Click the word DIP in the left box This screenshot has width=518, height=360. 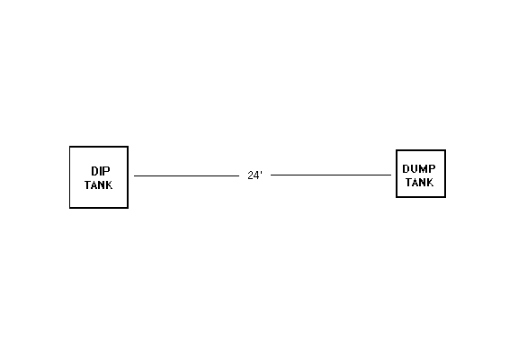click(x=101, y=171)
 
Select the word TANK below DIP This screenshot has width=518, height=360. click(x=98, y=185)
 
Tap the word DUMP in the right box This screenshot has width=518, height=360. click(x=419, y=169)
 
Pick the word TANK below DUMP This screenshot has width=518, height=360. click(x=420, y=182)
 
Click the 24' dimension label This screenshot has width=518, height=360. click(x=255, y=175)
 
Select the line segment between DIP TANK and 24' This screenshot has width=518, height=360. click(x=187, y=175)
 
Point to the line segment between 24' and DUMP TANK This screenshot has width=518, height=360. click(x=331, y=175)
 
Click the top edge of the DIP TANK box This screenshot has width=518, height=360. click(x=99, y=147)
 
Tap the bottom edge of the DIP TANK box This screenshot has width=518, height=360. click(x=99, y=208)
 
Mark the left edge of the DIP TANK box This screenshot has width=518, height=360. click(x=70, y=177)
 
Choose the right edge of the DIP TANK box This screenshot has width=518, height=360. click(x=128, y=177)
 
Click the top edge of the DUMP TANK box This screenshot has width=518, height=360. click(x=421, y=150)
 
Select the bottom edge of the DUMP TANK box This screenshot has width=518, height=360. click(x=421, y=197)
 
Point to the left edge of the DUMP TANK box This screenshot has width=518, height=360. click(x=397, y=174)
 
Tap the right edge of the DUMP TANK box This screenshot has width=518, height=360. click(x=445, y=174)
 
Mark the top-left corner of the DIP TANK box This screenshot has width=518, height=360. click(x=70, y=146)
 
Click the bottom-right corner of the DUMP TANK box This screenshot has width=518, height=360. click(x=445, y=197)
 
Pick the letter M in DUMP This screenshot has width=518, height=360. click(x=424, y=169)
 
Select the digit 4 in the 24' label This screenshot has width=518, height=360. click(x=257, y=175)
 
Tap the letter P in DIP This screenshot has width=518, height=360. click(x=107, y=171)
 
